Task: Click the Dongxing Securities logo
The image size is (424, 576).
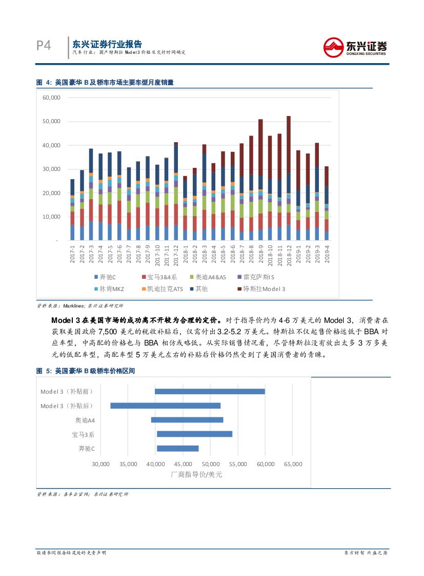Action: coord(355,47)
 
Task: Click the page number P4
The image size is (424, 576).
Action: coord(44,46)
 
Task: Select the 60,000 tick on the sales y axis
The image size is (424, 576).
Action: coord(51,98)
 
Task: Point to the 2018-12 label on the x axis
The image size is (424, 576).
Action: coord(289,255)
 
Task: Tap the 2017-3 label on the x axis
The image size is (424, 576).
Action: coord(91,255)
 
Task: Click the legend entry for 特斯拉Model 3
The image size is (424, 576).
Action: coord(261,289)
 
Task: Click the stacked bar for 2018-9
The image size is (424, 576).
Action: coord(260,180)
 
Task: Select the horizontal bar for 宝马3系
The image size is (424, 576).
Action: coord(194,434)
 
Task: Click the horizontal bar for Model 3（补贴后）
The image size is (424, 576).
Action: coord(165,406)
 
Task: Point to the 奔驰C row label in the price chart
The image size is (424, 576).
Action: coord(87,448)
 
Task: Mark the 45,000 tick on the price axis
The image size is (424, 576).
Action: coord(183,464)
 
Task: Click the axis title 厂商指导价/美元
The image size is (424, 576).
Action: coord(196,475)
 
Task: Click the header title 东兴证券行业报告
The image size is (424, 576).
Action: coord(107,44)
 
